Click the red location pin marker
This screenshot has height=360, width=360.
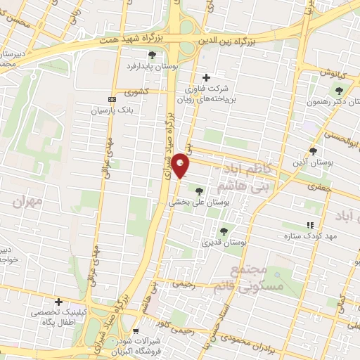181,165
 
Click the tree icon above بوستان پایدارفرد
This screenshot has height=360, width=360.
152,55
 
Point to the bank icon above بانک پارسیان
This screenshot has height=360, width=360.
112,99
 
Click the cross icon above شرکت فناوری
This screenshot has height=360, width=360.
206,77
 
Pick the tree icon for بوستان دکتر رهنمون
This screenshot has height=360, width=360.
340,90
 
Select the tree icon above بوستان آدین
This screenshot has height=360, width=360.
313,150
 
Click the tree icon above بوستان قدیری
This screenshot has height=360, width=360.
224,231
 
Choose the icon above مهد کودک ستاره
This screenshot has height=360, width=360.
309,225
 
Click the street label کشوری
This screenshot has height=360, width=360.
138,91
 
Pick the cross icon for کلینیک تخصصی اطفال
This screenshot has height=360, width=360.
59,302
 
